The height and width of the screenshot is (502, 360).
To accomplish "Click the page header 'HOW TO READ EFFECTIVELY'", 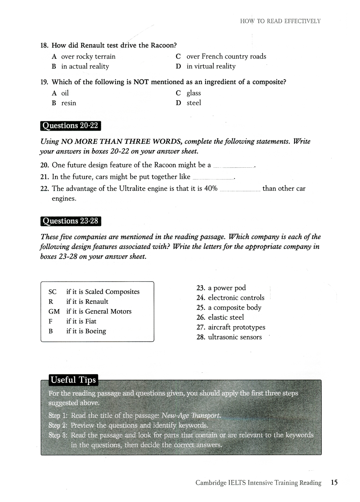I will (280, 21).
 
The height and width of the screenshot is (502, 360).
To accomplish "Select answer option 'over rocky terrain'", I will (88, 56).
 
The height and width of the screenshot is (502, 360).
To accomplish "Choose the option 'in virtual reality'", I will (211, 66).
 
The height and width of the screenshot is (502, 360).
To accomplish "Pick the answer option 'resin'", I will (68, 103).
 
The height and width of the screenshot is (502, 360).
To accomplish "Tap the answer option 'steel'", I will (194, 103).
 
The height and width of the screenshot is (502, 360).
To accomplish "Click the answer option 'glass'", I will (194, 93).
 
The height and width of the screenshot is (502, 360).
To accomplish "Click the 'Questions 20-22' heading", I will (70, 126).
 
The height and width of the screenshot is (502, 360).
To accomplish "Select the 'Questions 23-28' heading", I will (70, 221).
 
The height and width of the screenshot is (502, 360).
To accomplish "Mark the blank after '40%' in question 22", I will (240, 190).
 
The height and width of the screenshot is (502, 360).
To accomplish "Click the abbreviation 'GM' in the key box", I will (54, 312).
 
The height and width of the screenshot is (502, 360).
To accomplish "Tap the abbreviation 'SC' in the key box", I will (53, 292).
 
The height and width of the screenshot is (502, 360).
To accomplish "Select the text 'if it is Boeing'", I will (86, 331).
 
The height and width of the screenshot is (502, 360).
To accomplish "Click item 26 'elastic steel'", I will (226, 317).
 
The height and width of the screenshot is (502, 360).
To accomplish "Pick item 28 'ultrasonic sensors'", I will (235, 337).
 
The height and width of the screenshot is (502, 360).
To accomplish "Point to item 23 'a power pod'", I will (227, 288).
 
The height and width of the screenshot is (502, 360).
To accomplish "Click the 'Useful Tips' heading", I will (73, 380).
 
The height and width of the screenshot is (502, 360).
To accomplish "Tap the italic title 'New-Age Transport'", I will (191, 416).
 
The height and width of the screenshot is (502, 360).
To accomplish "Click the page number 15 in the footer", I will (334, 483).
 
